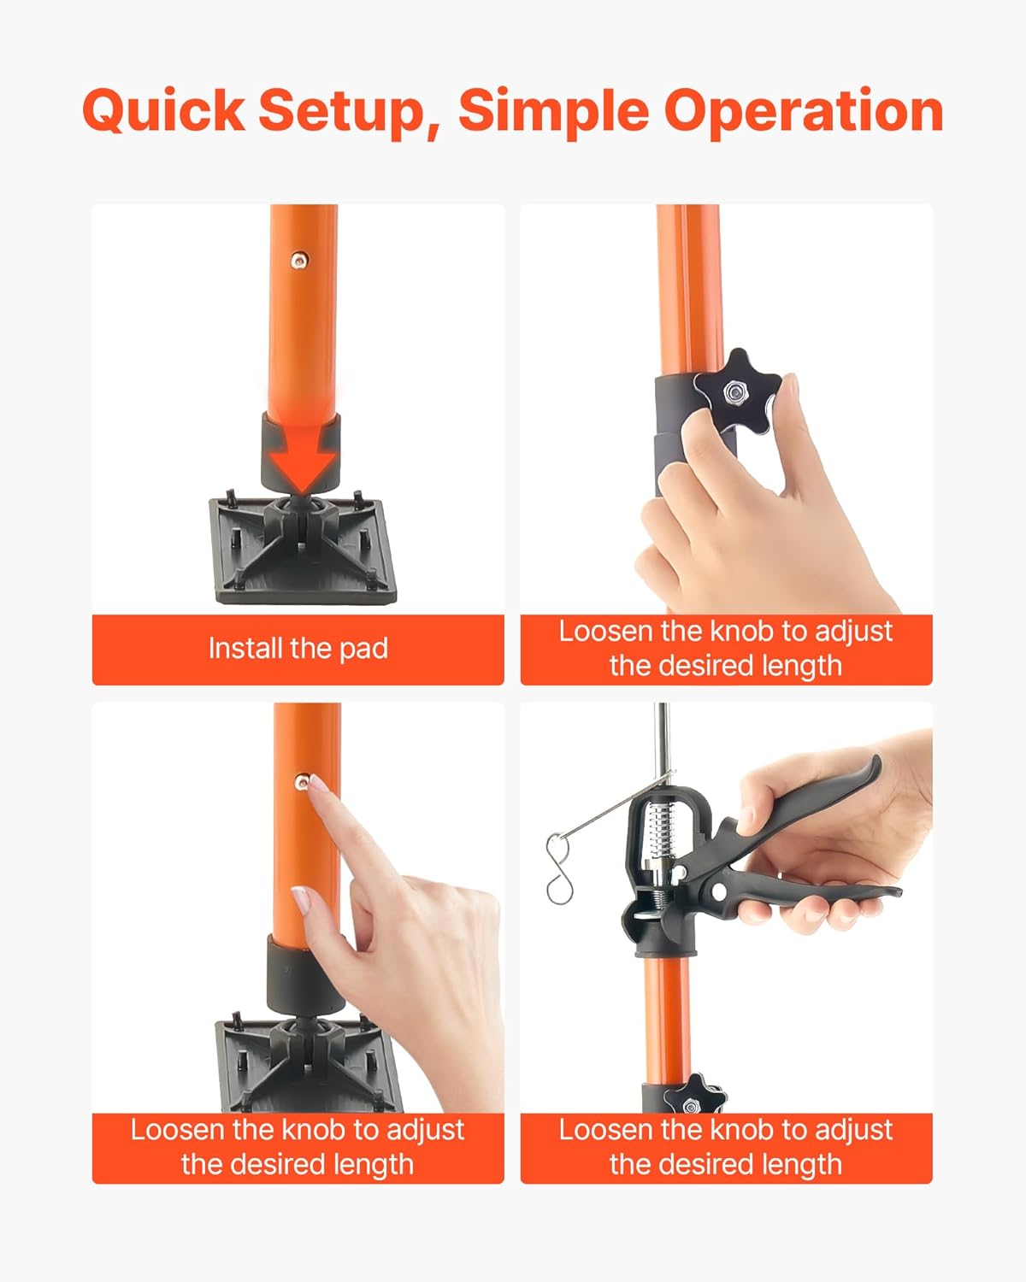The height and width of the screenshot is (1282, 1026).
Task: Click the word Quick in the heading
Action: pos(163,111)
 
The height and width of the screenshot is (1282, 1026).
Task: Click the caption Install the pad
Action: pos(298,649)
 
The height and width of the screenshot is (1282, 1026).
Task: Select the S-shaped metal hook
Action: pos(558,868)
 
